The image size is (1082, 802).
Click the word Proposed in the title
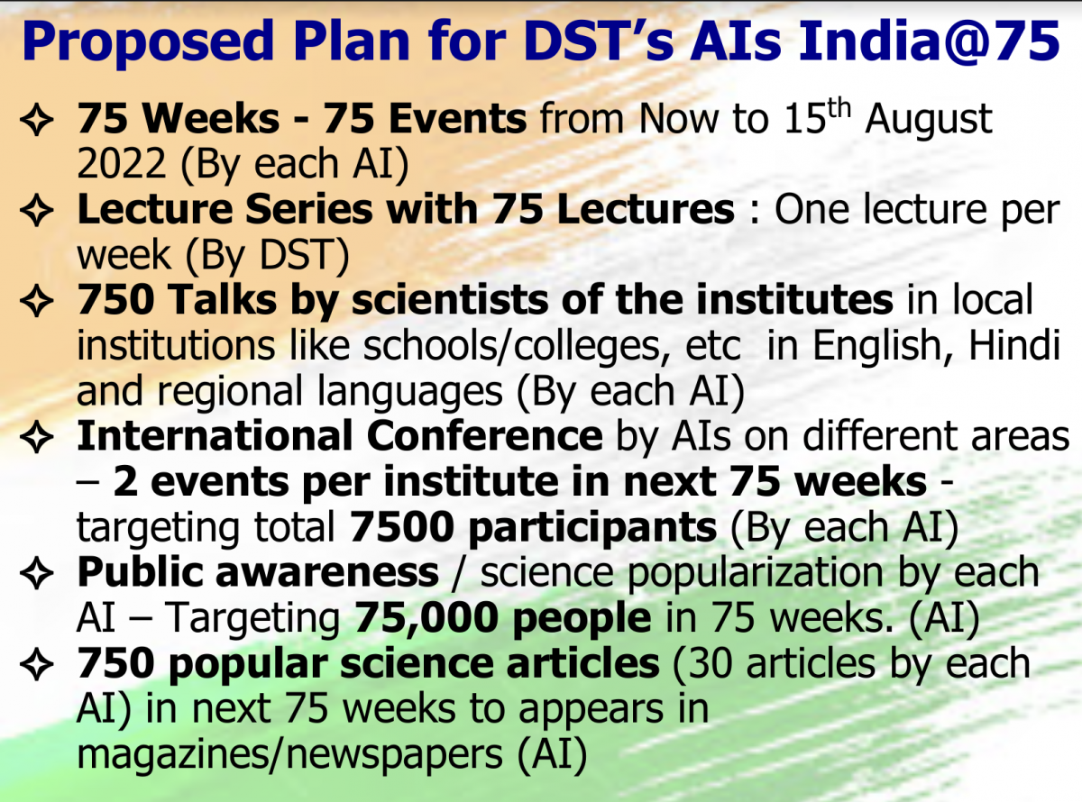point(148,43)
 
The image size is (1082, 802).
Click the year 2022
point(122,164)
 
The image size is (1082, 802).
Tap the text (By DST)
point(267,256)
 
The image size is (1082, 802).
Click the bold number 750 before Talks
point(116,300)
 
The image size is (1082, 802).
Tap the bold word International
point(215,435)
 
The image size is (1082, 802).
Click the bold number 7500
point(402,527)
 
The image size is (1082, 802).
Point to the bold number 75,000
point(426,618)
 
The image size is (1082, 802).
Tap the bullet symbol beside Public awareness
point(37,573)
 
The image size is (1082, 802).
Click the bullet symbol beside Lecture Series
point(37,210)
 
